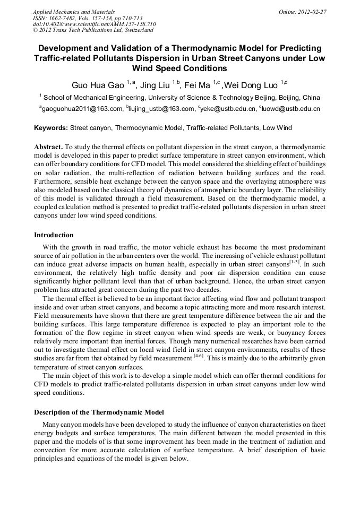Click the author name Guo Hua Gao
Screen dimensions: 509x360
pyautogui.click(x=98, y=84)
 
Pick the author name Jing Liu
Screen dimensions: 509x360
pyautogui.click(x=155, y=84)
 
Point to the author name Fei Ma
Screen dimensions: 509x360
pyautogui.click(x=198, y=84)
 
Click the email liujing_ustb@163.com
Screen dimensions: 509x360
pyautogui.click(x=161, y=109)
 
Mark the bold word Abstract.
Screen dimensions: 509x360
pyautogui.click(x=48, y=146)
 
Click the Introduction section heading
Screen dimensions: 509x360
pyautogui.click(x=54, y=235)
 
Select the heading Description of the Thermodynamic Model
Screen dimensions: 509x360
pyautogui.click(x=99, y=412)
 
